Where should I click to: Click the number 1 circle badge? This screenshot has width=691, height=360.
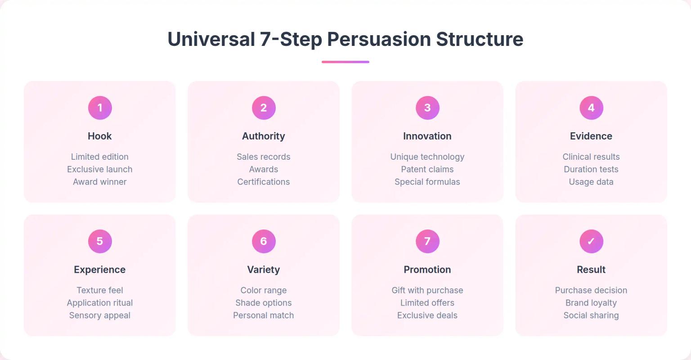pyautogui.click(x=100, y=108)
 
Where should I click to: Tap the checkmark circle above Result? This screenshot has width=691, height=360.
pyautogui.click(x=591, y=241)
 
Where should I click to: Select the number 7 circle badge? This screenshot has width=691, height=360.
pyautogui.click(x=427, y=241)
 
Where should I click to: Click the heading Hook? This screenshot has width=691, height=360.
pyautogui.click(x=99, y=136)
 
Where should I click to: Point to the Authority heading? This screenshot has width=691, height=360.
pyautogui.click(x=264, y=136)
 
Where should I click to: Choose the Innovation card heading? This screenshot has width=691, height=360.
pyautogui.click(x=427, y=136)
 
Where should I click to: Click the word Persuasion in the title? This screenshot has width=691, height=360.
pyautogui.click(x=379, y=39)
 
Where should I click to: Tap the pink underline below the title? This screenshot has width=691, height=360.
pyautogui.click(x=345, y=62)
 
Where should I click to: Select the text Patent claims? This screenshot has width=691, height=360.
pyautogui.click(x=427, y=169)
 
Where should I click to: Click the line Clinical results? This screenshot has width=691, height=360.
pyautogui.click(x=591, y=157)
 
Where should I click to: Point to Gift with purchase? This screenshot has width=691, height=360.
pyautogui.click(x=427, y=290)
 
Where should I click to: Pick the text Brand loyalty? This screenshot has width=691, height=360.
pyautogui.click(x=591, y=303)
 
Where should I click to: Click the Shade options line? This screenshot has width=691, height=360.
pyautogui.click(x=264, y=303)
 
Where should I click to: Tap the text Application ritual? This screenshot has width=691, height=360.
pyautogui.click(x=99, y=303)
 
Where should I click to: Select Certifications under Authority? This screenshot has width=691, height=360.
pyautogui.click(x=264, y=182)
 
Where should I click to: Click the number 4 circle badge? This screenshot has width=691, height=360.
pyautogui.click(x=591, y=108)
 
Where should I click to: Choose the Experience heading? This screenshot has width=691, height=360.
pyautogui.click(x=99, y=270)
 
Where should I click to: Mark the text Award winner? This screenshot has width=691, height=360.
pyautogui.click(x=99, y=182)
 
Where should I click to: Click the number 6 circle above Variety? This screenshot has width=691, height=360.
pyautogui.click(x=264, y=241)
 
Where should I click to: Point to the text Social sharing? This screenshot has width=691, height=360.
pyautogui.click(x=591, y=315)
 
